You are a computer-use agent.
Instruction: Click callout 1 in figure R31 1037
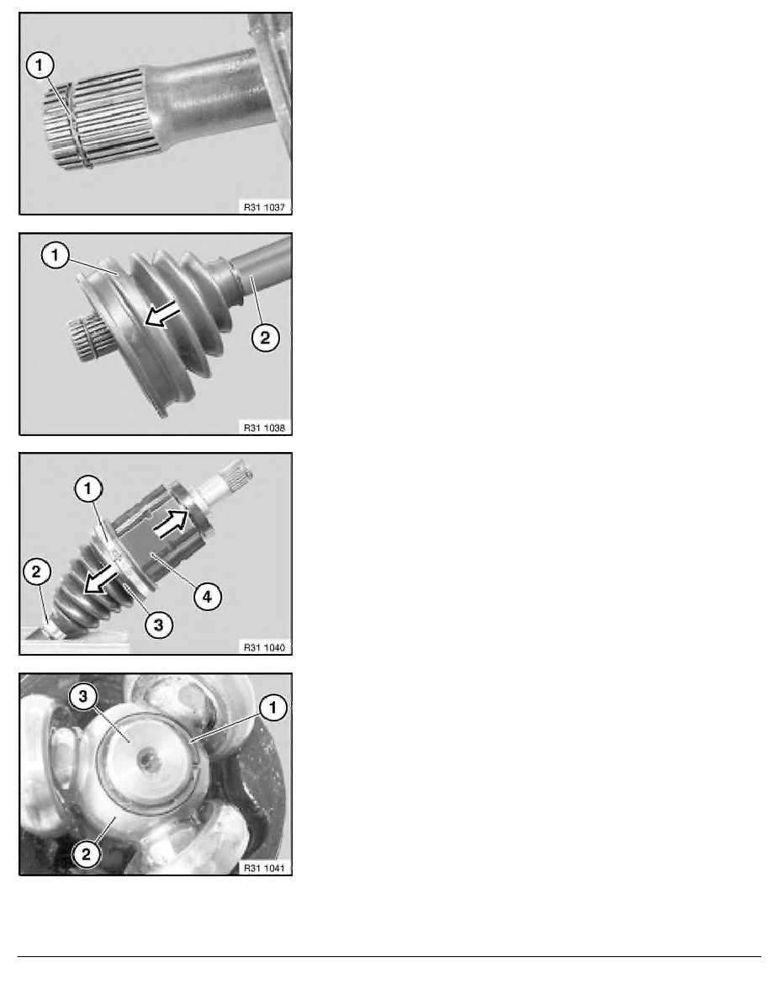coord(40,65)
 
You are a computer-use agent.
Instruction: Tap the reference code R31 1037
coord(264,207)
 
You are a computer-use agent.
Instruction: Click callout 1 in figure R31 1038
coord(55,256)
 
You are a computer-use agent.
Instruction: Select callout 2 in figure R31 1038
coord(264,338)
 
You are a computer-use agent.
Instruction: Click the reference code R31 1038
coord(264,428)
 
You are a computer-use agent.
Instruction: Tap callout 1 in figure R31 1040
coord(88,490)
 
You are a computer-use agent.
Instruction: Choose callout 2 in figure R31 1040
coord(36,572)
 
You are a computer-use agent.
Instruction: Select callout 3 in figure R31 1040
coord(158,625)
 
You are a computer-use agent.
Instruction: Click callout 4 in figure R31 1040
coord(207,597)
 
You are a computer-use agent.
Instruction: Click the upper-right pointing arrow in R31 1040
coord(172,523)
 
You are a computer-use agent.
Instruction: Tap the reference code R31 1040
coord(264,647)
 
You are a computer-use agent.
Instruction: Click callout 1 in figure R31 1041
coord(273,707)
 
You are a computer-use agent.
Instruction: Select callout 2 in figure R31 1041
coord(86,854)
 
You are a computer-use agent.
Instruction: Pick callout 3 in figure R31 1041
coord(83,696)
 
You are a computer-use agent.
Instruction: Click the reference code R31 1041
coord(264,868)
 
